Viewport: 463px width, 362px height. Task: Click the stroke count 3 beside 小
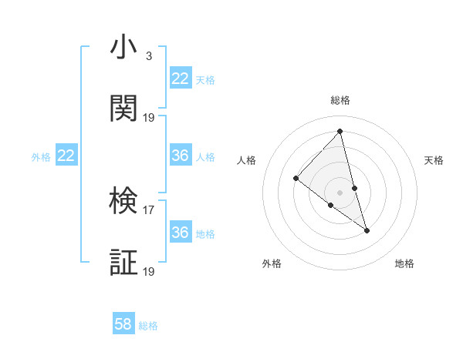coord(148,55)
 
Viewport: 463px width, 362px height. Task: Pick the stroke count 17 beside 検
coord(149,209)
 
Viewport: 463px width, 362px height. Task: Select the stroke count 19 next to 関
coord(149,117)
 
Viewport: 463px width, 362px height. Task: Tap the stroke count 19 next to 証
coord(149,270)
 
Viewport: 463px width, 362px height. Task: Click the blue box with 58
coord(123,324)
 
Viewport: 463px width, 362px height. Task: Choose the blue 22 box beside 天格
coord(181,79)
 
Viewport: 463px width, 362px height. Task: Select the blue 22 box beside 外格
coord(66,156)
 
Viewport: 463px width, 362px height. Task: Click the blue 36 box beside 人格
coord(181,156)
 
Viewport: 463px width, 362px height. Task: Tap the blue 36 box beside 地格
coord(181,233)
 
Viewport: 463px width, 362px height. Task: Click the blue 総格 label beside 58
coord(148,326)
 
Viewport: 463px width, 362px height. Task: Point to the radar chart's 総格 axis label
coord(340,100)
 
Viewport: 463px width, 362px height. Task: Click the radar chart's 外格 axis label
coord(272,263)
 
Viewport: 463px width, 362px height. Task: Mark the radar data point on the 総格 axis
coord(340,131)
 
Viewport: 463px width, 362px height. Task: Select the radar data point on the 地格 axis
coord(367,230)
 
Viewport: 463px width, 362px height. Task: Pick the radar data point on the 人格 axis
coord(296,179)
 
